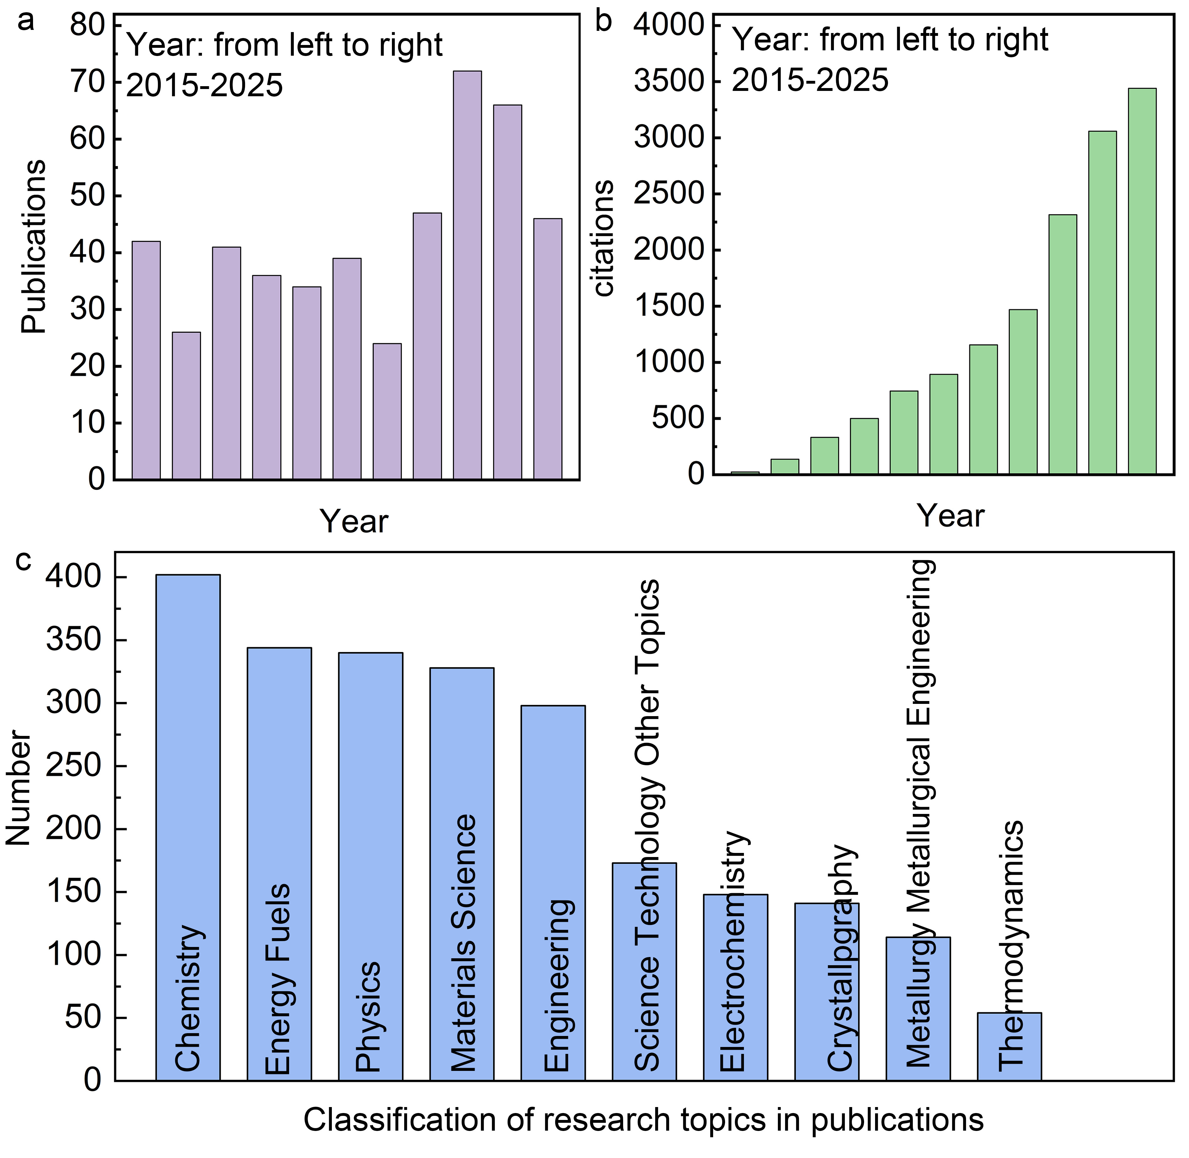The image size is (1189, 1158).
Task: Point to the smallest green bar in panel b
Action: [x=745, y=473]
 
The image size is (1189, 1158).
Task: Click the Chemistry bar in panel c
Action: [x=188, y=827]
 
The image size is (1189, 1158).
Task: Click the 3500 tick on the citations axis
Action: [x=668, y=81]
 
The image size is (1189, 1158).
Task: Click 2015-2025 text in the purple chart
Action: [x=204, y=85]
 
